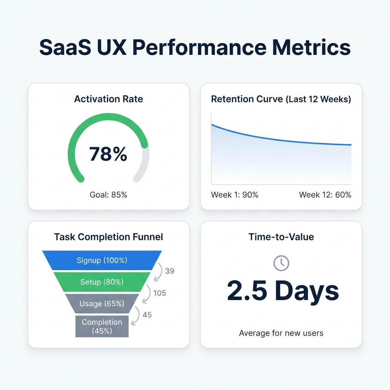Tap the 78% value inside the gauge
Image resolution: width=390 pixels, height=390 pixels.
tap(108, 154)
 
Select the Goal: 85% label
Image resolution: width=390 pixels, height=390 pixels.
tap(108, 195)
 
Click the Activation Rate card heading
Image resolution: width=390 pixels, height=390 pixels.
tap(109, 99)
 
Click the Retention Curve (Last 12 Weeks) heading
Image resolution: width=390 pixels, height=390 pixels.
tap(281, 99)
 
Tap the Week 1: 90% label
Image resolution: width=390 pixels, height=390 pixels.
tap(235, 195)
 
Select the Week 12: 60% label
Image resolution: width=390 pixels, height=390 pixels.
tap(325, 195)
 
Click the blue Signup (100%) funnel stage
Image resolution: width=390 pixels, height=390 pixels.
tap(102, 261)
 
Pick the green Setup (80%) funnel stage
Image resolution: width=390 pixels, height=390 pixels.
tap(102, 282)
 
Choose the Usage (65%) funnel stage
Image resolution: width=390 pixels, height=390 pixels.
tap(102, 304)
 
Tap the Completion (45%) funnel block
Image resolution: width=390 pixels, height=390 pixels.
tap(102, 326)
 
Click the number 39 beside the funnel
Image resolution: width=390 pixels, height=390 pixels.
tap(170, 271)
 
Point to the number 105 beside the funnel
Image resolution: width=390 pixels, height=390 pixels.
tap(160, 293)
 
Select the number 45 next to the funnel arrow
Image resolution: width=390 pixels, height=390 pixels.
tap(147, 315)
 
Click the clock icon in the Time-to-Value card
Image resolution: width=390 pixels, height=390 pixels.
tap(281, 263)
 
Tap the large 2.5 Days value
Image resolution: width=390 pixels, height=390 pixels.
tap(283, 291)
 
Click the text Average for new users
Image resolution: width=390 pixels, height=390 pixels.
tap(281, 333)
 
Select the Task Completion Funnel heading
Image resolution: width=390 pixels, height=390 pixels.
tap(109, 237)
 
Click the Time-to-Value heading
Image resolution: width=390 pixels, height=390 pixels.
tap(281, 237)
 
